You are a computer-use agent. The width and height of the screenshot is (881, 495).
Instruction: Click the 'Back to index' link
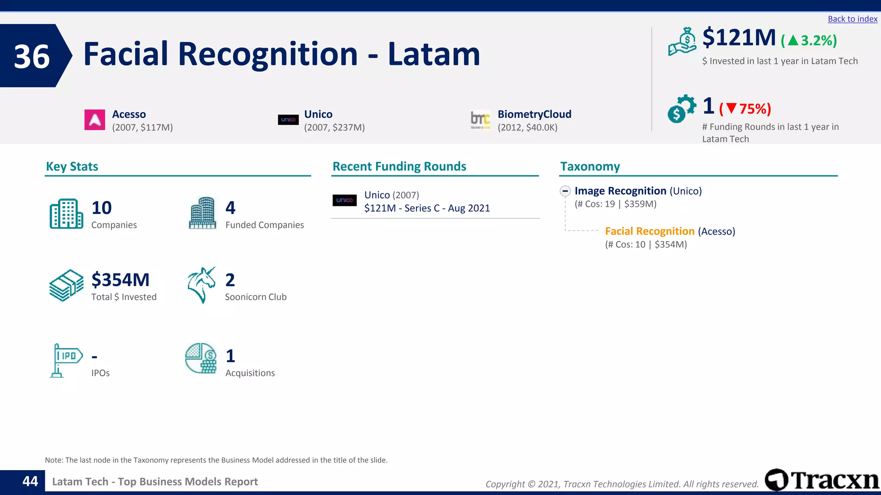coord(852,19)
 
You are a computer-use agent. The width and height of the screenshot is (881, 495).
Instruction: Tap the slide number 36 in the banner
coord(32,56)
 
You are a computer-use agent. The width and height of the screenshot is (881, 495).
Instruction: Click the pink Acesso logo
coord(95,120)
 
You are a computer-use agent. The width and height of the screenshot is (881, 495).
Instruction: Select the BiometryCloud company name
coord(534,114)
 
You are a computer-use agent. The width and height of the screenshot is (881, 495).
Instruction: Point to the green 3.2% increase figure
coord(809,41)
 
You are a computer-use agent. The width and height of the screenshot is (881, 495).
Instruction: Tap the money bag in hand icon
coord(682,42)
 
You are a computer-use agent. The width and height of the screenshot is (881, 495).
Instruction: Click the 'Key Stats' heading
coord(72,167)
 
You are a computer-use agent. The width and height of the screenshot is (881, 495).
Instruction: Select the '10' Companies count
coord(102,208)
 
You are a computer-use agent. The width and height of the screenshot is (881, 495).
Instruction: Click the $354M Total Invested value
coord(120,280)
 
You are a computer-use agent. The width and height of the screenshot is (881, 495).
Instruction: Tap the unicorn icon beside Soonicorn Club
coord(201,285)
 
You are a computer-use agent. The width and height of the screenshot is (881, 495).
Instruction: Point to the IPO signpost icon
coord(66,360)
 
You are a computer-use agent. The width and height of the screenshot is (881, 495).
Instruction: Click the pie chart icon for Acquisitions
coord(201,358)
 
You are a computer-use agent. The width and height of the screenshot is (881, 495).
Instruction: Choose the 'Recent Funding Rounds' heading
coord(399,167)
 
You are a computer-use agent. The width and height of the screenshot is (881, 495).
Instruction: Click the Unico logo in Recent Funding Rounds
coord(345,200)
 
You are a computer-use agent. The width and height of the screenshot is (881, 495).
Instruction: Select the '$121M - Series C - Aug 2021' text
coord(427,208)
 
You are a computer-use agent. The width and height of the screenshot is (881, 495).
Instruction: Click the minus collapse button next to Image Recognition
coord(565,191)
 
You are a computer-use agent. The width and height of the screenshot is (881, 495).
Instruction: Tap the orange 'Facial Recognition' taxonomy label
coord(650,232)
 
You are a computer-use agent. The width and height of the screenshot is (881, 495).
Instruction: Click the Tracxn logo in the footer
coord(822,480)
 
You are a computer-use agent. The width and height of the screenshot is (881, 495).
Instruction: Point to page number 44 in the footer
coord(30,481)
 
